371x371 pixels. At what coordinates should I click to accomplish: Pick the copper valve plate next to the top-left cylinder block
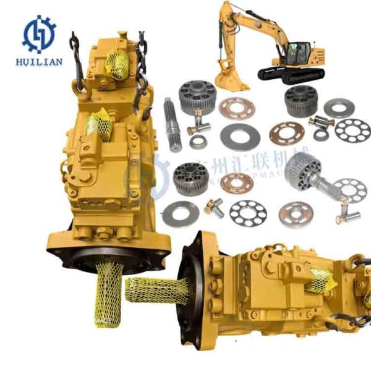coord(232,108)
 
